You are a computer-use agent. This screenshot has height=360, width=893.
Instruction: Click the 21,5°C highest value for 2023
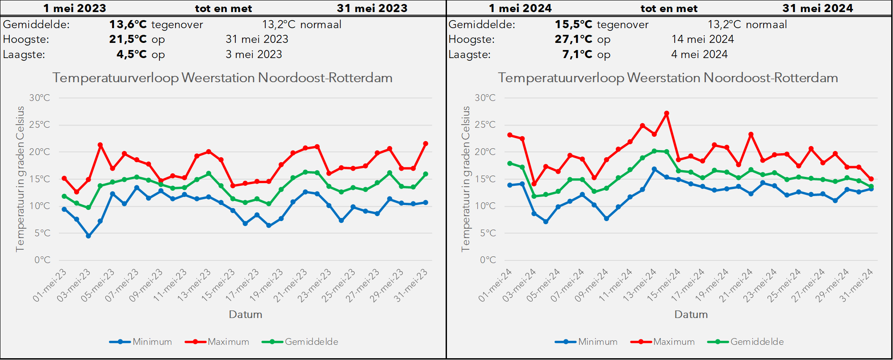(128, 39)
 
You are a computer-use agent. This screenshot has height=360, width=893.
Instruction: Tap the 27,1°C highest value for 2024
(573, 39)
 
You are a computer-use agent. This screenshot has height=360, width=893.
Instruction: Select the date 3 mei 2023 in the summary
(254, 54)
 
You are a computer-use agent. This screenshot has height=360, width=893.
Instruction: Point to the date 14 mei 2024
(702, 39)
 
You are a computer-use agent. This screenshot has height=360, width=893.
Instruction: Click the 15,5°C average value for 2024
(573, 25)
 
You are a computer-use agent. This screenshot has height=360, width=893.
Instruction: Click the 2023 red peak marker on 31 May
(426, 144)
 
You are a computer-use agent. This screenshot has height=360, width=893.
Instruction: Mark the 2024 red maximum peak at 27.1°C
(667, 113)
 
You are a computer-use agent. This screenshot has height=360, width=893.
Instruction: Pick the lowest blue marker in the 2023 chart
(88, 236)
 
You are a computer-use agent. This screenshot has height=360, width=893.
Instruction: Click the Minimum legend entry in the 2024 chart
(586, 342)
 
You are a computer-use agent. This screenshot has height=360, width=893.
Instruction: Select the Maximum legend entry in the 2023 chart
(217, 342)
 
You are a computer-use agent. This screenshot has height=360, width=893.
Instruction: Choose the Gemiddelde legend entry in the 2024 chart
(746, 342)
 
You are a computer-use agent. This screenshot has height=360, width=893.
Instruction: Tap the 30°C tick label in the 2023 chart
(40, 98)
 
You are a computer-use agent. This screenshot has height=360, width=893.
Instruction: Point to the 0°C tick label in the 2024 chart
(488, 260)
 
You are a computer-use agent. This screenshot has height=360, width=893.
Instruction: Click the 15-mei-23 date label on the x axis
(218, 285)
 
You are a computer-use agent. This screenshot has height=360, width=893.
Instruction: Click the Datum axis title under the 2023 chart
(246, 314)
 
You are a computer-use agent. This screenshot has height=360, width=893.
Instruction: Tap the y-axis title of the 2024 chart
(466, 179)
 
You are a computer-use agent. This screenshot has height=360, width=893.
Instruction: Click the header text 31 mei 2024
(818, 8)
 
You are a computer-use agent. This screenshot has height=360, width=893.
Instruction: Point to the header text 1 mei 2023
(75, 8)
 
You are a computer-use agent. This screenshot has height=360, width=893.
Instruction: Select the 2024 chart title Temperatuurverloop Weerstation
(599, 78)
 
